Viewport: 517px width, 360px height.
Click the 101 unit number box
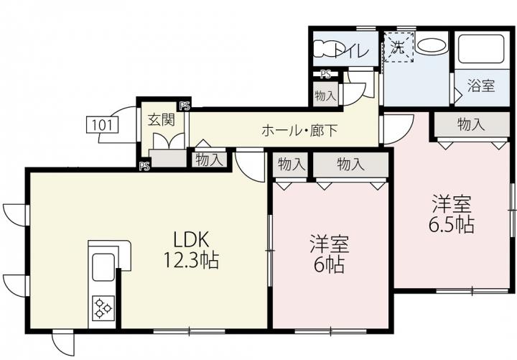point(102,125)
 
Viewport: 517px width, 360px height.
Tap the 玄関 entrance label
point(161,120)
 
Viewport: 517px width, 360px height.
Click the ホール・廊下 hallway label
point(299,131)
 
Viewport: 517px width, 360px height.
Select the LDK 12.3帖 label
point(191,250)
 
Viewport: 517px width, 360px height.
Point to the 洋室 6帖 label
point(330,254)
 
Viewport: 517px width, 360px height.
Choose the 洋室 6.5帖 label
point(452,214)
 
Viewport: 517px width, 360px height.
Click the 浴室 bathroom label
point(481,86)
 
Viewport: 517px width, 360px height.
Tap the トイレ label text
point(351,51)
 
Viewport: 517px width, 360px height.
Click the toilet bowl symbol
point(324,49)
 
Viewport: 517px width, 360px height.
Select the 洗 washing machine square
point(399,47)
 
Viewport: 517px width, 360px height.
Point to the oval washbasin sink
point(431,45)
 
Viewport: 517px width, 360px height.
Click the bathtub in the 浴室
point(482,50)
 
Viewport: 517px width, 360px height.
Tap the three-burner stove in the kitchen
point(103,308)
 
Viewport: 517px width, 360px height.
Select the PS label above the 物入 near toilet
point(325,75)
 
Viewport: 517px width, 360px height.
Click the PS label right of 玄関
point(185,106)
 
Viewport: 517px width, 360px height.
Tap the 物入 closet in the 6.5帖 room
point(472,124)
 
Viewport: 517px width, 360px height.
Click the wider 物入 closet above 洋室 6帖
point(350,165)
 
